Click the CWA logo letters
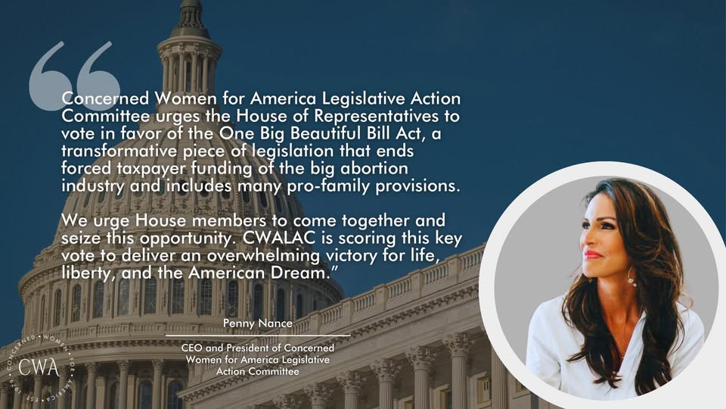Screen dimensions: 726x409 click(x=39, y=368)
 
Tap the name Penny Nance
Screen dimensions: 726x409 click(x=258, y=323)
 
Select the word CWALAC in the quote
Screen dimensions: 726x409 click(x=279, y=238)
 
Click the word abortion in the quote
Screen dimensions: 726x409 click(x=374, y=168)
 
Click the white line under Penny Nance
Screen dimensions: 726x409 click(x=258, y=336)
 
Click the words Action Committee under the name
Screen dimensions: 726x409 click(x=257, y=371)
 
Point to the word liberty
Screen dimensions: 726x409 click(x=88, y=273)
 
